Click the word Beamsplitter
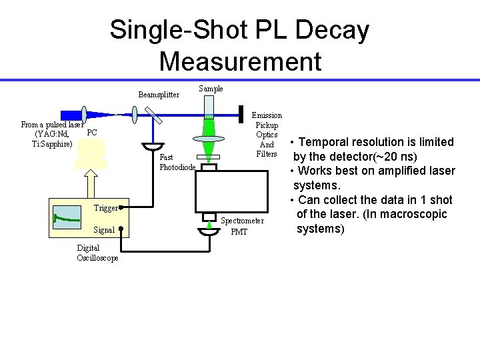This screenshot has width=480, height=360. pyautogui.click(x=159, y=95)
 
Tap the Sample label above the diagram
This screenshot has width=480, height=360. pyautogui.click(x=211, y=89)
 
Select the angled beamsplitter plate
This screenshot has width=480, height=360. pyautogui.click(x=154, y=117)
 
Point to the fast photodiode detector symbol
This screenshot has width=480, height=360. pyautogui.click(x=154, y=147)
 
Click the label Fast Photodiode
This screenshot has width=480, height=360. pyautogui.click(x=177, y=162)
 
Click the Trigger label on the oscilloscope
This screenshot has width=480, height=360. pyautogui.click(x=105, y=208)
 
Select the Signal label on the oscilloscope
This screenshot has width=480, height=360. pyautogui.click(x=104, y=230)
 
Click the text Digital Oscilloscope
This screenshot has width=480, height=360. pyautogui.click(x=97, y=253)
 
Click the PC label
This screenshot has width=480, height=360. pyautogui.click(x=92, y=133)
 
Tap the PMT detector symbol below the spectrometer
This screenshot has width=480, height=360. pyautogui.click(x=209, y=231)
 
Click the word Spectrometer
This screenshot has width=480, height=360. pyautogui.click(x=242, y=221)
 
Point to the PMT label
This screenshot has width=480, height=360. pyautogui.click(x=239, y=232)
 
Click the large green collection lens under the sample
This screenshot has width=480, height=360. pyautogui.click(x=209, y=139)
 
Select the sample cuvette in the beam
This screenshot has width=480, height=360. pyautogui.click(x=209, y=107)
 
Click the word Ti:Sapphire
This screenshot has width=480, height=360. pyautogui.click(x=52, y=145)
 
